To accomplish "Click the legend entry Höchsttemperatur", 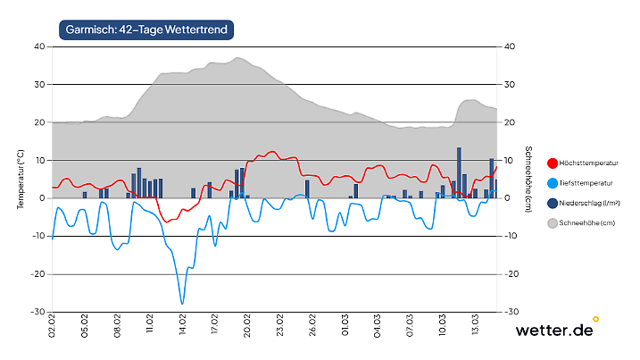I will click(590, 163).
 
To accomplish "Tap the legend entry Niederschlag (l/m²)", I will click(590, 203).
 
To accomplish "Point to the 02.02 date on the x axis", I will click(53, 322).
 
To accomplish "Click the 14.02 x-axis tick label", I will click(183, 322).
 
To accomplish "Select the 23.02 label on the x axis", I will click(280, 322).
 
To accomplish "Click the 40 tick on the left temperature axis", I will click(39, 46).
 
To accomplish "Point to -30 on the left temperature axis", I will click(37, 313).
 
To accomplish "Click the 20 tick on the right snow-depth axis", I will click(510, 122).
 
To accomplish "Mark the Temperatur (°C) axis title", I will click(20, 180).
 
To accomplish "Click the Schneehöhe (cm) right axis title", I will click(528, 180).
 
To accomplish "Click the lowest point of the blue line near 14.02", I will click(182, 304).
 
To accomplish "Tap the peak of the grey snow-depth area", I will click(237, 58).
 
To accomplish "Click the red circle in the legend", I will click(553, 163).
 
